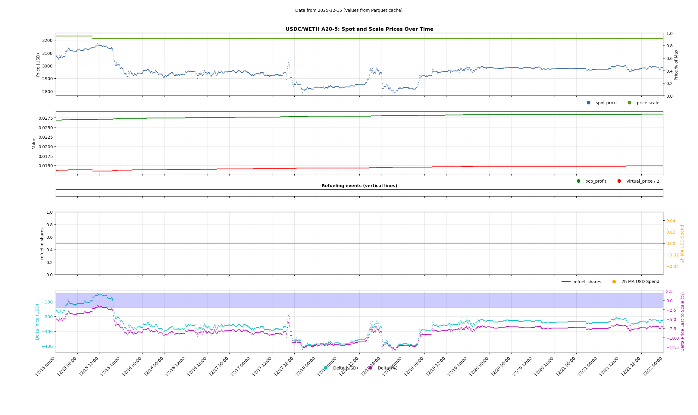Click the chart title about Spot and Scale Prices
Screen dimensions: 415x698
tap(359, 29)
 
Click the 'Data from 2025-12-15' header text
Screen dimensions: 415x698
tap(349, 10)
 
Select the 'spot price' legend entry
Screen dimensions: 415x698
tap(606, 103)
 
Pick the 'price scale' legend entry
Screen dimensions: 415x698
tap(647, 103)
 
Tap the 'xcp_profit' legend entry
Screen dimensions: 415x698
tap(596, 181)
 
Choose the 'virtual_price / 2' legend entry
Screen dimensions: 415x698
tap(642, 181)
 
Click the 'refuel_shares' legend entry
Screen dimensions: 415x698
tap(587, 282)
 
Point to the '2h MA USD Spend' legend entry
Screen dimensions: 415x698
tap(640, 282)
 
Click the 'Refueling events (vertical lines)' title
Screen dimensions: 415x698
tap(359, 186)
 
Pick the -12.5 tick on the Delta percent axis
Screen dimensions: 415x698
tap(672, 347)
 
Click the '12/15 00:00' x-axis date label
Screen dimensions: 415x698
tap(45, 366)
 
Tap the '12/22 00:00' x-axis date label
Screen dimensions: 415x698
tap(653, 366)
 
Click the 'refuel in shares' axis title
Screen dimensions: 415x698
tap(42, 243)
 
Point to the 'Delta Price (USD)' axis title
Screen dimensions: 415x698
tap(37, 322)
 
